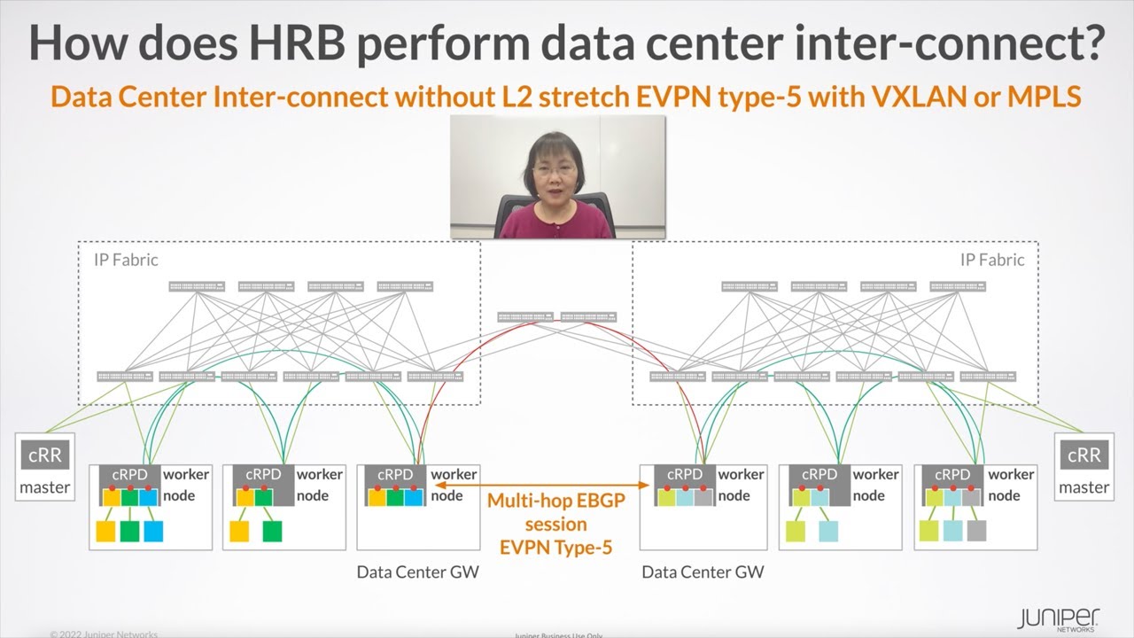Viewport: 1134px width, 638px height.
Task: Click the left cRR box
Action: coord(45,455)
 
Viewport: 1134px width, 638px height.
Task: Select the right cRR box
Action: coord(1084,455)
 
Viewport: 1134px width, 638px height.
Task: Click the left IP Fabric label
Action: coord(126,260)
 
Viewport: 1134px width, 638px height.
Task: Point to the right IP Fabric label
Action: coord(992,260)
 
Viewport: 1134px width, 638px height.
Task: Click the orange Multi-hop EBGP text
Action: coord(556,501)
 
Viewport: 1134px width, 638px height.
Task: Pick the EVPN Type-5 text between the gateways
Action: coord(556,547)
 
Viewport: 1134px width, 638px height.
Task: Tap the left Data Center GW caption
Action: coord(417,572)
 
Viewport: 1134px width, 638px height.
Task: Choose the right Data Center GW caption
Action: coord(702,572)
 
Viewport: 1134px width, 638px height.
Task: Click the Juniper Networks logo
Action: coord(1058,618)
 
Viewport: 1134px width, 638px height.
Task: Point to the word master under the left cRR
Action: coord(45,486)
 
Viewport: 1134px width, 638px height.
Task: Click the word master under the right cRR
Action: coord(1084,486)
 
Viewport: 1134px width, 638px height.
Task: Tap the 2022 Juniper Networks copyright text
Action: coord(104,634)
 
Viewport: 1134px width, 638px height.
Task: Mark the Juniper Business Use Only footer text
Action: coord(556,634)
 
